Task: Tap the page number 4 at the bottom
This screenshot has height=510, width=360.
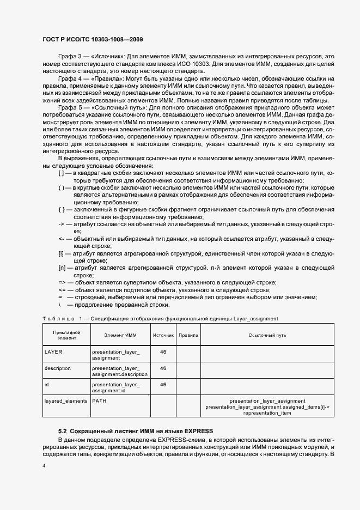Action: point(44,466)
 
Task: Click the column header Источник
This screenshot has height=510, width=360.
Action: point(163,336)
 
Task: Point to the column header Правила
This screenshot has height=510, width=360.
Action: point(188,336)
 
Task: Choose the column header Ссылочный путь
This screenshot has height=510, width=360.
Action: point(267,336)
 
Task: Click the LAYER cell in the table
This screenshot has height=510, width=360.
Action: point(53,352)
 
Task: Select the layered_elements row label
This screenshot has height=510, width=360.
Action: point(65,401)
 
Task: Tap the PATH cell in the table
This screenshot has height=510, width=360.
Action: point(99,401)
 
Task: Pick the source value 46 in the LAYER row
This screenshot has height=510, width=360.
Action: point(163,352)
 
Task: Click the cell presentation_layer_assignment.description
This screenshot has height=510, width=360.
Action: point(119,372)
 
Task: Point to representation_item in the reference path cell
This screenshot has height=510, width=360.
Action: point(267,413)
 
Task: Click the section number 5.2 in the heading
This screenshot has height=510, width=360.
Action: point(63,432)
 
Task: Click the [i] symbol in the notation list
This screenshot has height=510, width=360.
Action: point(61,253)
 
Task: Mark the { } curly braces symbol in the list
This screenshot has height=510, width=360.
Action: point(62,209)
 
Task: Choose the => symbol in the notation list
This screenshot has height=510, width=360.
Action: point(62,282)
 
